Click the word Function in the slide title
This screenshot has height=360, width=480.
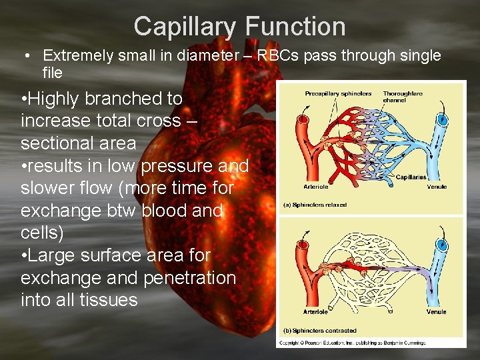pos(295,27)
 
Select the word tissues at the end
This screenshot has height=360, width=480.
pos(109,300)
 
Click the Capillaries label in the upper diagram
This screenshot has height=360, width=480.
pos(411,177)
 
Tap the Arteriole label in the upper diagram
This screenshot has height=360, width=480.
pos(316,187)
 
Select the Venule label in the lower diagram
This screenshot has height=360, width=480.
pos(437,311)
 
